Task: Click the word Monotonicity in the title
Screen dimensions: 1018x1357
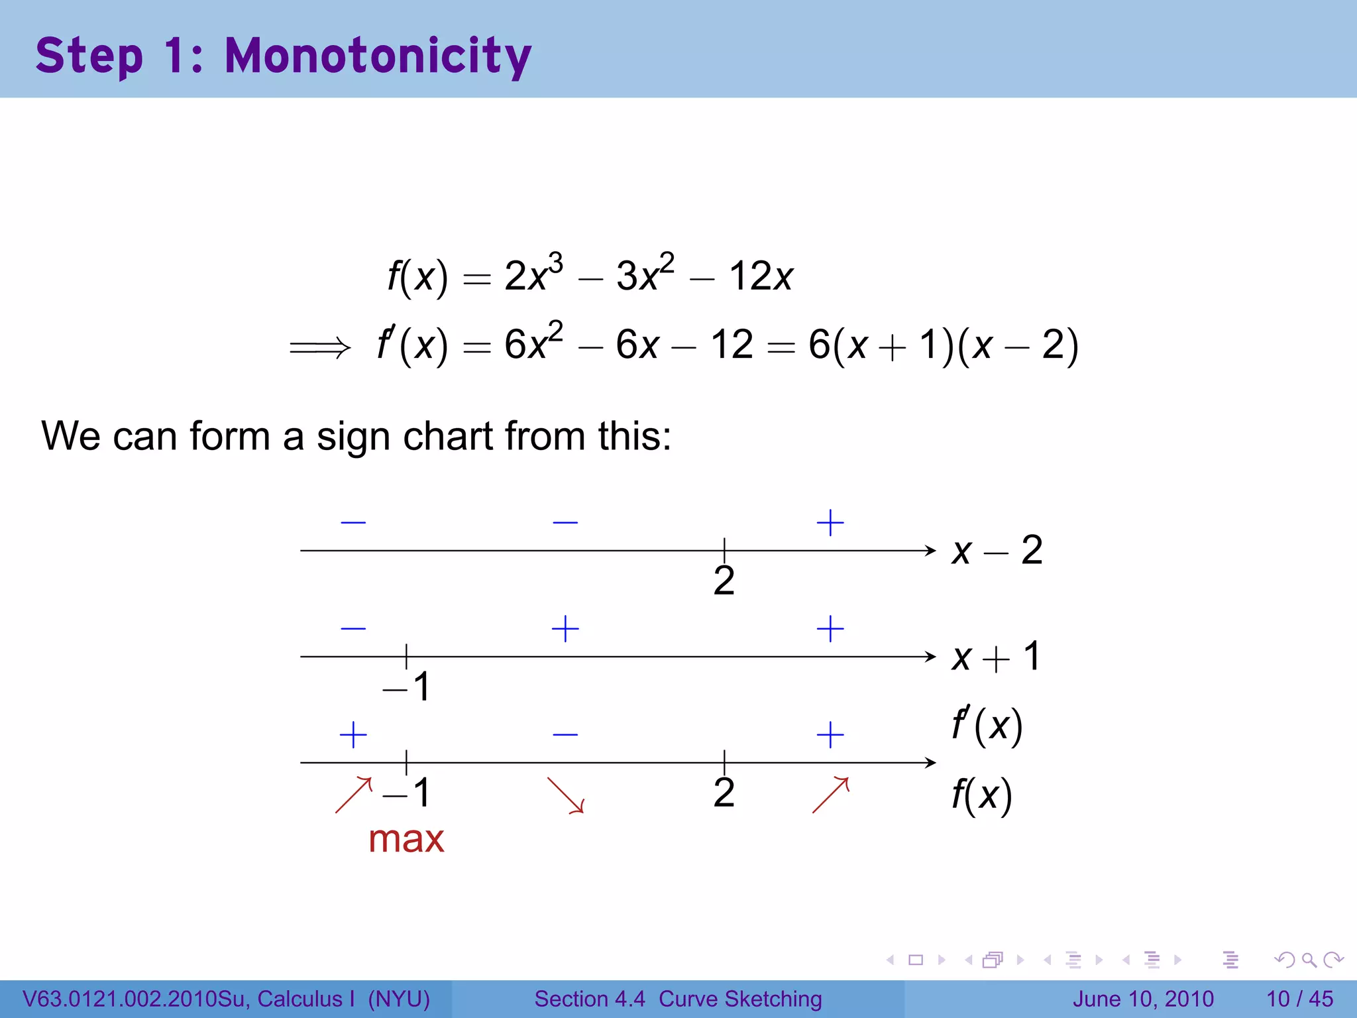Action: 378,56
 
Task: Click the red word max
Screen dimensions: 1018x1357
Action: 406,839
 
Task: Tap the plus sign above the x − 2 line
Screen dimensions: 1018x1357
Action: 830,523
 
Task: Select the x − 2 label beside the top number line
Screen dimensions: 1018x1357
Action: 997,550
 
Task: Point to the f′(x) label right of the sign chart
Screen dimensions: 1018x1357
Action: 987,726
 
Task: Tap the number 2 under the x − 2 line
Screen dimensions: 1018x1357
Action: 724,581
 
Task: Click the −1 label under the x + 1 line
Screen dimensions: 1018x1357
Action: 406,687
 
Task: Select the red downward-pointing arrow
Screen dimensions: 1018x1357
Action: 565,795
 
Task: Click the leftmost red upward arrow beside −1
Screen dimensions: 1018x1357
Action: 354,795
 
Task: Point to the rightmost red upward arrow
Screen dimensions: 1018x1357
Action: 830,795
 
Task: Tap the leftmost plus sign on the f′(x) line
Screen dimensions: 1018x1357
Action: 353,735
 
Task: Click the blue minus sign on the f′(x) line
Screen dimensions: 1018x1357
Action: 565,734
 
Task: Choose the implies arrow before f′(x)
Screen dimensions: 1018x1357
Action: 319,347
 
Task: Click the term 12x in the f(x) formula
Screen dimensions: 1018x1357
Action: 760,276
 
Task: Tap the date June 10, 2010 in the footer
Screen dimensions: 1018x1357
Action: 1143,999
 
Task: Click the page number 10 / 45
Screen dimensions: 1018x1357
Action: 1299,999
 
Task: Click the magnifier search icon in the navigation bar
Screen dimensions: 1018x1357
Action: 1309,960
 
